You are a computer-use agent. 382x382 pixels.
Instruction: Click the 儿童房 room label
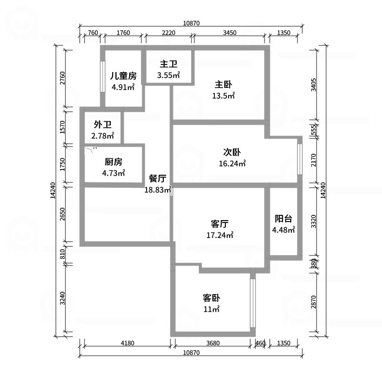click(123, 76)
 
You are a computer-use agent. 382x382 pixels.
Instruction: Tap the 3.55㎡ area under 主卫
click(169, 75)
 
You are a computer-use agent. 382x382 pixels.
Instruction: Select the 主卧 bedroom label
click(223, 85)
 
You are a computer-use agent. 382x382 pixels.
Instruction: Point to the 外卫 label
click(103, 125)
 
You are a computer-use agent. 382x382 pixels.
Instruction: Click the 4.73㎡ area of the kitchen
click(114, 173)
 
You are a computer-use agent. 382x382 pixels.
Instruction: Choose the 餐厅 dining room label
click(158, 178)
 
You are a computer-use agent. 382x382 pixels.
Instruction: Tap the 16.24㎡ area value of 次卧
click(232, 163)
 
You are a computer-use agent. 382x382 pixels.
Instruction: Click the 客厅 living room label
click(220, 223)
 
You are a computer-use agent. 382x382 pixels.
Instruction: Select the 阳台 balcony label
click(283, 219)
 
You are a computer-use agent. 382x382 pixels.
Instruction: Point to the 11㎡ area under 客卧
click(212, 309)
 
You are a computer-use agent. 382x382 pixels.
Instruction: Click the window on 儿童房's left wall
click(103, 76)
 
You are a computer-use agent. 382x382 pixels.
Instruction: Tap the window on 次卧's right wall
click(300, 159)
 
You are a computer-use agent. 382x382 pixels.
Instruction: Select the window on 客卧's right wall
click(253, 303)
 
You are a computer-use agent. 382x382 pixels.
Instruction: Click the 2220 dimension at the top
click(169, 32)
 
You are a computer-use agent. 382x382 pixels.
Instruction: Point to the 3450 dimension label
click(230, 32)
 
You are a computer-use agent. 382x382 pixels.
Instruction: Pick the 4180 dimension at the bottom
click(127, 343)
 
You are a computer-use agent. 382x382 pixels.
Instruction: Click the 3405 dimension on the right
click(314, 85)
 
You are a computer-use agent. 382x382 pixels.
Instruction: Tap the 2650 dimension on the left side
click(63, 214)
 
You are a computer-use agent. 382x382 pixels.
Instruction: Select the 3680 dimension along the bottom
click(213, 343)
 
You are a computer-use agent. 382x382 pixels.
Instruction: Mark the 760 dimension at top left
click(93, 32)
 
